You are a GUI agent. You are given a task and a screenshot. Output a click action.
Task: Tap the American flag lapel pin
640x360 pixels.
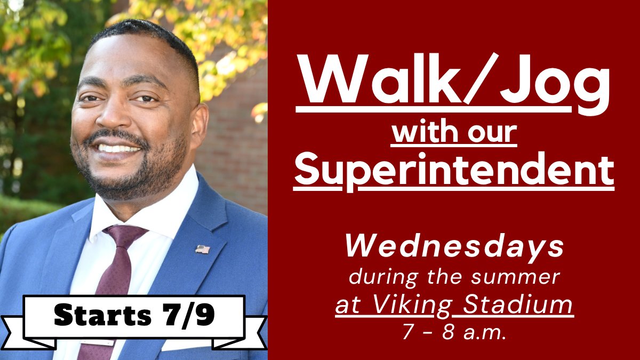(x=202, y=249)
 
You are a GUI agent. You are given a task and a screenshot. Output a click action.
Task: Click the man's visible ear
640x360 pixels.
(x=199, y=125)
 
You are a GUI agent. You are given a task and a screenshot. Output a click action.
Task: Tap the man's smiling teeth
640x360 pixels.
(x=118, y=148)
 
